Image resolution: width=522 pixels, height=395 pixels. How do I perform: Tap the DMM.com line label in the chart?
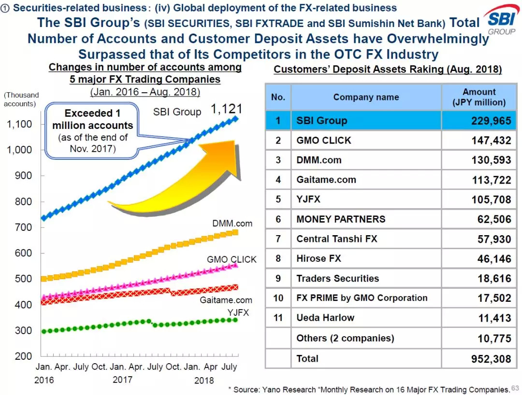(232, 224)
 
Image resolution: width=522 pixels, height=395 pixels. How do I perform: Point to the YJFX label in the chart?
(238, 312)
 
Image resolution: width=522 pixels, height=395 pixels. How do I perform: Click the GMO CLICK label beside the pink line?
(232, 259)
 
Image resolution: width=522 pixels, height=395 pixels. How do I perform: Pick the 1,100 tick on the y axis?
(19, 124)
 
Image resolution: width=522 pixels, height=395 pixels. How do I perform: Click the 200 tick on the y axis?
(23, 356)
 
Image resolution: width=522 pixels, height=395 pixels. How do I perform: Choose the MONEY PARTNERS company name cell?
(341, 219)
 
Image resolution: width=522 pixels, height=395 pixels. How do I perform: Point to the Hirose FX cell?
(319, 258)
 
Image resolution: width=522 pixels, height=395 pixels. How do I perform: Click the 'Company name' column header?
(366, 97)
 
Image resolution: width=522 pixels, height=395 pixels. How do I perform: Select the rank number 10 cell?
(278, 298)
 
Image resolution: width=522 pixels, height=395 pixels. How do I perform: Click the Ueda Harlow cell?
(325, 318)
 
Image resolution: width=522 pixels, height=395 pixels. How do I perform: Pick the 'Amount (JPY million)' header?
(479, 97)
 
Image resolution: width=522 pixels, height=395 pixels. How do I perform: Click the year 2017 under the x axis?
(123, 380)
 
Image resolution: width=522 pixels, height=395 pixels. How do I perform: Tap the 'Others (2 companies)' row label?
(345, 338)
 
